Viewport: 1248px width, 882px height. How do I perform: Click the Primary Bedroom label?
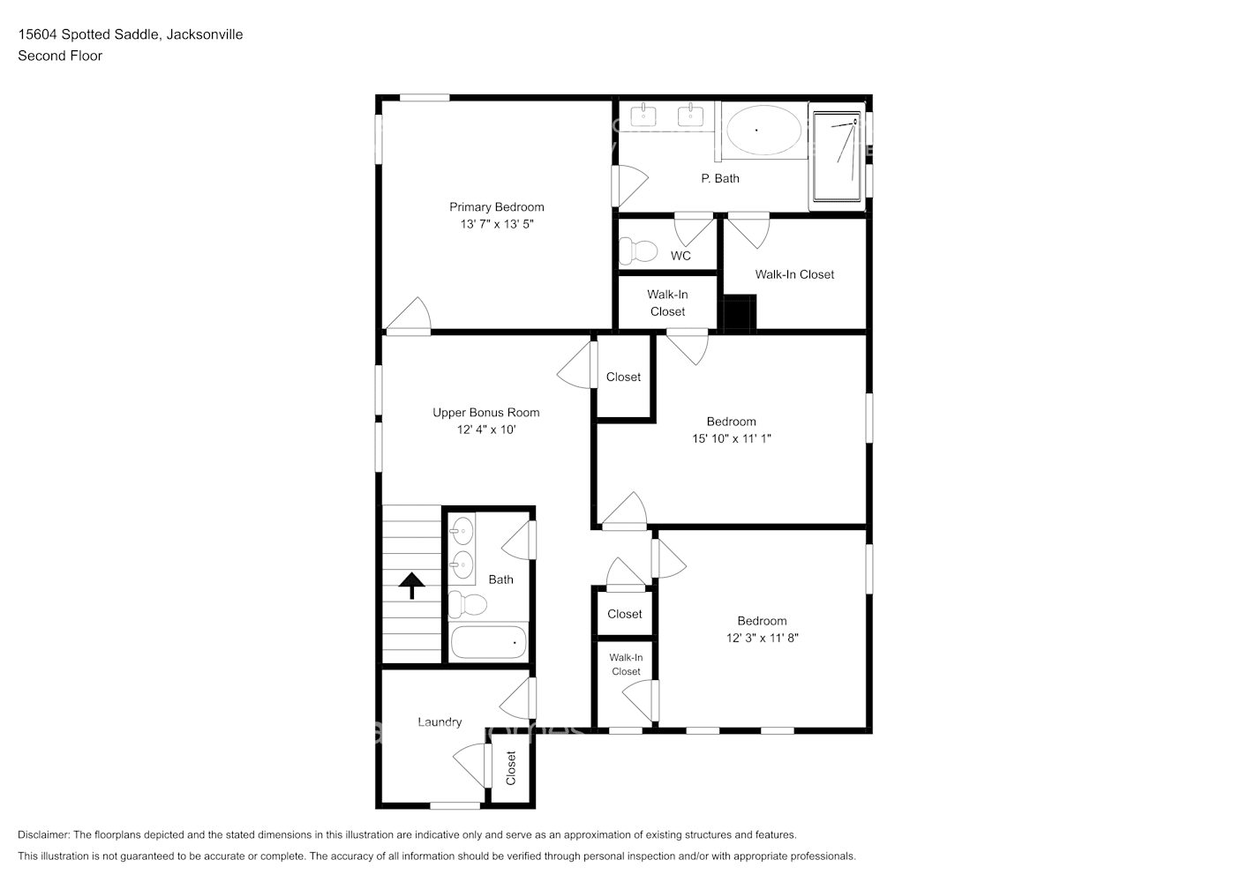coord(496,207)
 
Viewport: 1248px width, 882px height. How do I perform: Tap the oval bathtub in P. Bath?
coord(763,131)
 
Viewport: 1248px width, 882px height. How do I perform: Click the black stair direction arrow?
coord(411,585)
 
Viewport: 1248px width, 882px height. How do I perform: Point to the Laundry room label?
coord(439,721)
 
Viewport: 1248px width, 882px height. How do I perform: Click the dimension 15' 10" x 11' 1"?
coord(731,438)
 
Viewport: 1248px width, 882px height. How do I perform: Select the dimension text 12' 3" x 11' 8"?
coord(762,638)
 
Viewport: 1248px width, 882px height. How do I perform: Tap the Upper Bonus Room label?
coord(485,412)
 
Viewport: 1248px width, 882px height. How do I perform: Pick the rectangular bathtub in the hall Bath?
coord(488,642)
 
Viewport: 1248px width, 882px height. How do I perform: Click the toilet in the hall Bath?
coord(468,605)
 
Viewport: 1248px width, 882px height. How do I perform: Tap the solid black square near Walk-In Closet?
coord(740,313)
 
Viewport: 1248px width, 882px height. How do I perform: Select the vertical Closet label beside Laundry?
coord(510,768)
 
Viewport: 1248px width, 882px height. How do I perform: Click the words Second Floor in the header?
coord(60,56)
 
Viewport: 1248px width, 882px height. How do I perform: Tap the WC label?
coord(680,256)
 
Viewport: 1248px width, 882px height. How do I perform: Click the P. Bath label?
coord(720,178)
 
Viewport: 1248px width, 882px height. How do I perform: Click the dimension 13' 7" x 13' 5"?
coord(496,224)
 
